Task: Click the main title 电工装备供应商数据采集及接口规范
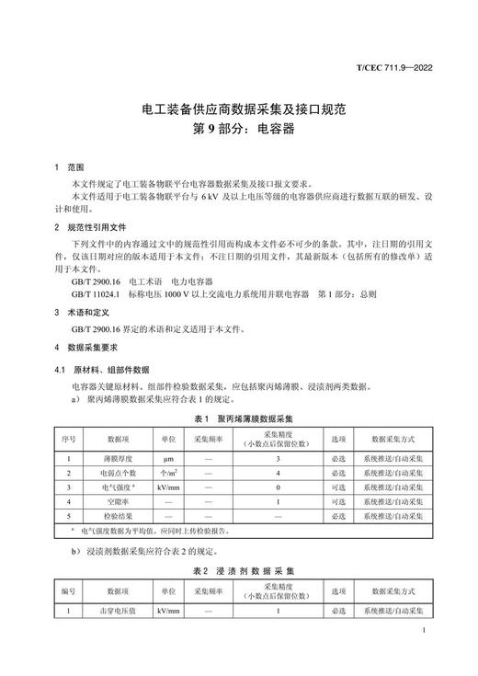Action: [x=239, y=109]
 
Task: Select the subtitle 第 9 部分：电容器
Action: [x=239, y=130]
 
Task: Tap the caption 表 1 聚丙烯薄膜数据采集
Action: [x=238, y=418]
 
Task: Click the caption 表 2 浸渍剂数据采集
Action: [x=238, y=571]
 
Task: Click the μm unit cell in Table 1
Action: [x=168, y=457]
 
